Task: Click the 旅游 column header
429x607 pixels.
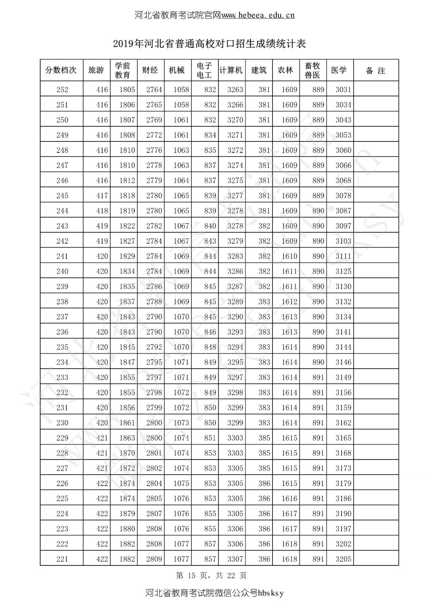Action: [96, 70]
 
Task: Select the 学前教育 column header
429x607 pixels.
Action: [123, 70]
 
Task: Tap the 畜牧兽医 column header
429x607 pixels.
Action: [313, 70]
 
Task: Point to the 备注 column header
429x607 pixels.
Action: [375, 71]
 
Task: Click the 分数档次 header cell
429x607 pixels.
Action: [61, 70]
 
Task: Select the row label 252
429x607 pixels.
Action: [62, 90]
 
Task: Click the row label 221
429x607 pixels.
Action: [62, 559]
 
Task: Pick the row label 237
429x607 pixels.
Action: [62, 317]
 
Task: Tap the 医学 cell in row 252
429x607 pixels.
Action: [343, 90]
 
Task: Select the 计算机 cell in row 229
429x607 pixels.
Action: [235, 438]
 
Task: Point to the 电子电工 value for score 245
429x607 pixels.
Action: [210, 195]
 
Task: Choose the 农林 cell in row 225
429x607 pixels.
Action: [289, 499]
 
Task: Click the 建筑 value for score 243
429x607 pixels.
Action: [264, 226]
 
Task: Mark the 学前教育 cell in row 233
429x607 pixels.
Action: [127, 377]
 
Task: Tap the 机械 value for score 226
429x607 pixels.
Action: [181, 483]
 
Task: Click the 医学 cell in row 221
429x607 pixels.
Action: [343, 559]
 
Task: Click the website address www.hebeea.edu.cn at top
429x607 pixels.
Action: [257, 15]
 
